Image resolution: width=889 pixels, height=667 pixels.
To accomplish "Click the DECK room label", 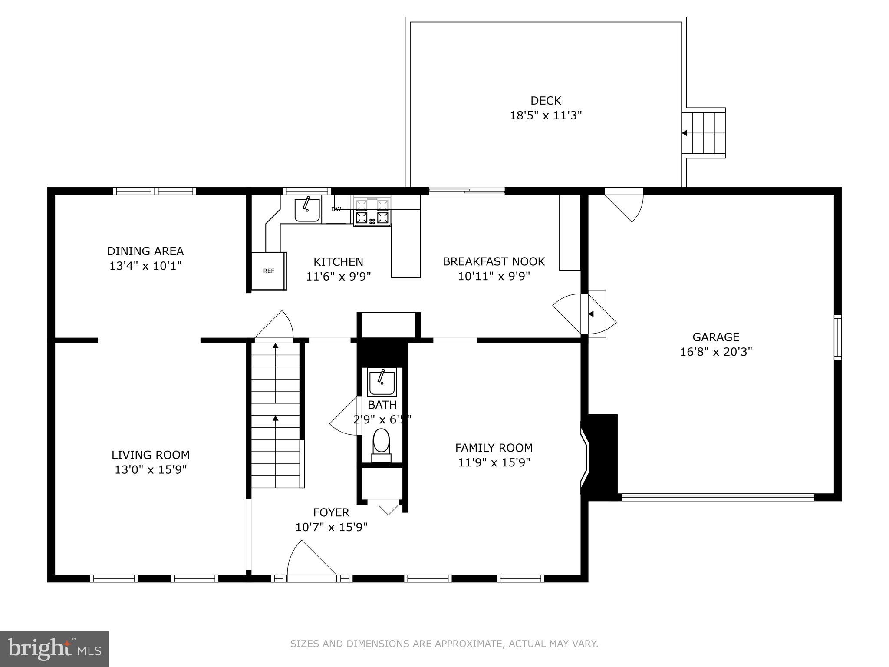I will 546,101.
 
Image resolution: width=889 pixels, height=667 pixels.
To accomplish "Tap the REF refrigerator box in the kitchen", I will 269,271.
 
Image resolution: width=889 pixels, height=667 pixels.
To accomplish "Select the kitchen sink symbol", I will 307,210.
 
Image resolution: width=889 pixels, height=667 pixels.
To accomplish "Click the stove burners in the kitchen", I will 372,212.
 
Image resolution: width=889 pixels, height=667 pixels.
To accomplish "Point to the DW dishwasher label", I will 336,209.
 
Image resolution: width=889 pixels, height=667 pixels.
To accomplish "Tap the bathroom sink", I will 382,382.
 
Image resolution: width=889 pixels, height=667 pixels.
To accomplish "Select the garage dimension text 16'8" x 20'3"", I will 716,351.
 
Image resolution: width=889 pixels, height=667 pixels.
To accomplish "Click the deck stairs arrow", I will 685,133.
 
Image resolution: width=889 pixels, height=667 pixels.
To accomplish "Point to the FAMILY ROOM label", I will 494,448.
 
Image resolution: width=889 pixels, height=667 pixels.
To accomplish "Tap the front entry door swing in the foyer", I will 310,560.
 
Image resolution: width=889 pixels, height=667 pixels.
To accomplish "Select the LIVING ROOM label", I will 151,455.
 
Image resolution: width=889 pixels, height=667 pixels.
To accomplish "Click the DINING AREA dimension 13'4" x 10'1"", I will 145,265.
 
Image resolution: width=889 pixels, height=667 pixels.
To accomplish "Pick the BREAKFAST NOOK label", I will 494,261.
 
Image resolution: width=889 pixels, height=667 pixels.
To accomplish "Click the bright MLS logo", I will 54,649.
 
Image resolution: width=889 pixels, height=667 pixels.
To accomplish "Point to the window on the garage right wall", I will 838,337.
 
